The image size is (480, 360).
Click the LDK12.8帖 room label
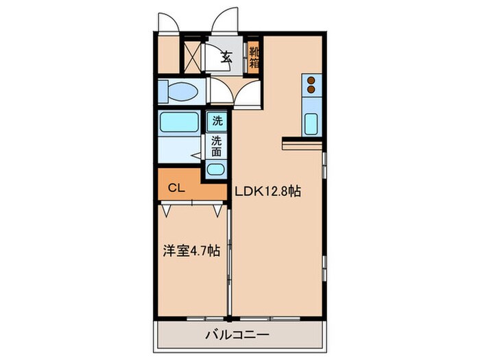pos(268,192)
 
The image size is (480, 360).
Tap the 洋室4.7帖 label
pos(191,252)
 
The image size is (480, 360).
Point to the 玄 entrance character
pos(226,58)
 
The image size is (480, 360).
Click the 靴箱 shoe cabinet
pos(254,58)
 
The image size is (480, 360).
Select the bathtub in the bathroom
pos(180,123)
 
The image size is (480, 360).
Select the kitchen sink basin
pos(311,125)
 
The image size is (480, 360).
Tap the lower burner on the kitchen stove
pos(311,89)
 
